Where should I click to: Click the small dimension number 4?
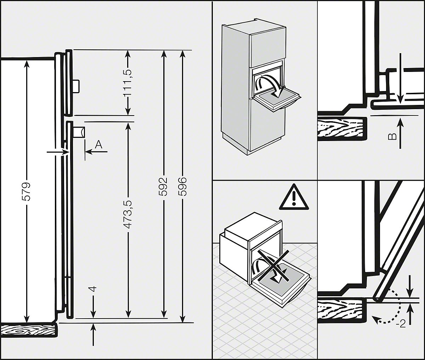point(93,289)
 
